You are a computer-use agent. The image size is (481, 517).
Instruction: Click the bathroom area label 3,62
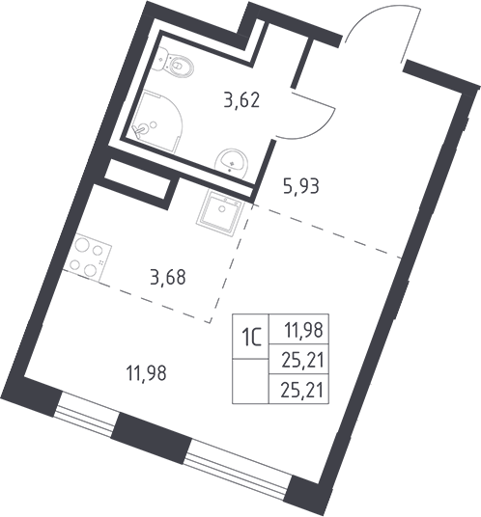pyautogui.click(x=242, y=100)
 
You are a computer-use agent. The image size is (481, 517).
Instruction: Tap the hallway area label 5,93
pyautogui.click(x=301, y=186)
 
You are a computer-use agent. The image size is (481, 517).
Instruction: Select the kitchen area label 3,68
pyautogui.click(x=168, y=277)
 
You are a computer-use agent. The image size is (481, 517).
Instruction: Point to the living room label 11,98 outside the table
pyautogui.click(x=147, y=374)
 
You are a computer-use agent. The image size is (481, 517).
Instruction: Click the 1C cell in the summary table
pyautogui.click(x=250, y=337)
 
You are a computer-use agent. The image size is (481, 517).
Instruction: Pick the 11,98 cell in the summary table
pyautogui.click(x=299, y=329)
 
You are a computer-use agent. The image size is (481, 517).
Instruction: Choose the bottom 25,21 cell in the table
pyautogui.click(x=299, y=389)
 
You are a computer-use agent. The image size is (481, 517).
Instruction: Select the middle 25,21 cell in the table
pyautogui.click(x=299, y=359)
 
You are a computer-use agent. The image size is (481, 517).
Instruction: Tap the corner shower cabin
pyautogui.click(x=156, y=121)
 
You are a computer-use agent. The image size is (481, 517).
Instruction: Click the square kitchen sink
pyautogui.click(x=220, y=212)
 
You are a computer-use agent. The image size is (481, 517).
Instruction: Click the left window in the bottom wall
pyautogui.click(x=85, y=415)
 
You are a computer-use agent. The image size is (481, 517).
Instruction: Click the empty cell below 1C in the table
pyautogui.click(x=250, y=381)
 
